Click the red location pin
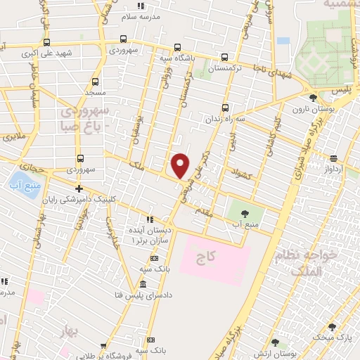pyautogui.click(x=180, y=165)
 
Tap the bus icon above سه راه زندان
pyautogui.click(x=225, y=108)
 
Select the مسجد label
pyautogui.click(x=94, y=92)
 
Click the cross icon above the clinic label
pyautogui.click(x=79, y=188)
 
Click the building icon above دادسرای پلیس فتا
pyautogui.click(x=143, y=285)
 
